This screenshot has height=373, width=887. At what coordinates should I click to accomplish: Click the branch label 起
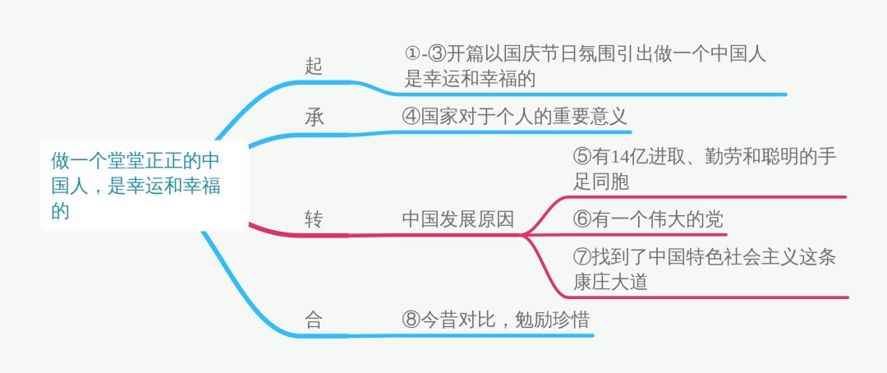[314, 67]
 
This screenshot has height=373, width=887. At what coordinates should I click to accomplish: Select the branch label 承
[314, 117]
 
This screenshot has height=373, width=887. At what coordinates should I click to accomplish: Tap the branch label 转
[314, 219]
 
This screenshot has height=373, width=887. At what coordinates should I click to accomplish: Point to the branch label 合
[314, 320]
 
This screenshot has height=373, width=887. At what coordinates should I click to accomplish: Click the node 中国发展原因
[457, 219]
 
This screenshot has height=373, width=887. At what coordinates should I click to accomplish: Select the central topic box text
[136, 185]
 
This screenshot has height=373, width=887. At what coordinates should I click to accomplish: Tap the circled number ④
[411, 116]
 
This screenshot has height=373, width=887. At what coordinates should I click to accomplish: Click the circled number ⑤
[581, 156]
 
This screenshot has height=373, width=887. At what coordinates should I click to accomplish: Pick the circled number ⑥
[581, 219]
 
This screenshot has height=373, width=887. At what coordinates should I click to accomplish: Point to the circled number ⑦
[581, 257]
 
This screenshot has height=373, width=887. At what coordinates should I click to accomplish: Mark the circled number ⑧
[411, 320]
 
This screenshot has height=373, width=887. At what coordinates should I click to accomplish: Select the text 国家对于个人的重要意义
[524, 116]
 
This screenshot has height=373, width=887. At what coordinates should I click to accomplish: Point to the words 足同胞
[600, 182]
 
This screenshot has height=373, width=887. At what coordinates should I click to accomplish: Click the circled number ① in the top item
[411, 54]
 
